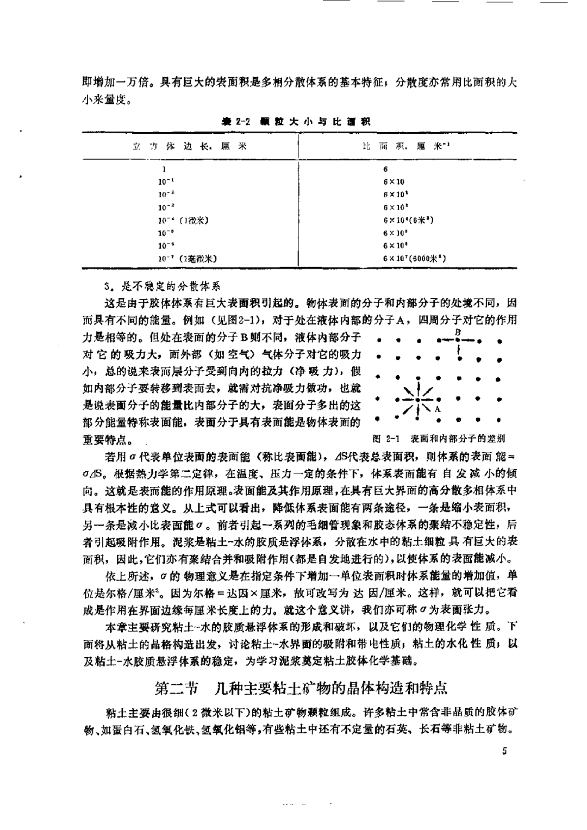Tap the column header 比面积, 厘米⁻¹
tap(407, 146)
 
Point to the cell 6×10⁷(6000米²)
tap(414, 259)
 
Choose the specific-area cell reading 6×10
tap(394, 182)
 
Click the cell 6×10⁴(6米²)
tap(408, 220)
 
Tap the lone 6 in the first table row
tap(385, 169)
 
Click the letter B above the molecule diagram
tap(458, 332)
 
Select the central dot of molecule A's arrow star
tap(417, 400)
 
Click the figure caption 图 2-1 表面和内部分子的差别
tap(439, 438)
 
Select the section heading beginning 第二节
tap(301, 688)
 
